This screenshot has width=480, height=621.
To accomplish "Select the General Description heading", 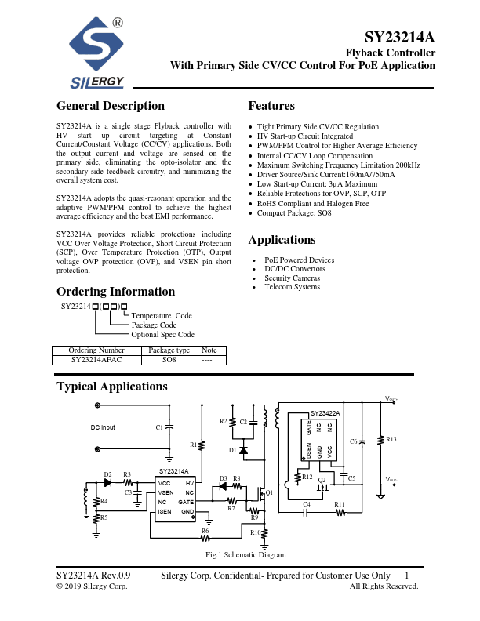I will [111, 106].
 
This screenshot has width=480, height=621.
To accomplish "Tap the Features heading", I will [271, 106].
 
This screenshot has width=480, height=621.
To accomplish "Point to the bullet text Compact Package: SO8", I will [294, 213].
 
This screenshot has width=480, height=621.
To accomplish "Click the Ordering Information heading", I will [115, 292].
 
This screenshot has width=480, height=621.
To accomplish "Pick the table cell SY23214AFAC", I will [96, 360].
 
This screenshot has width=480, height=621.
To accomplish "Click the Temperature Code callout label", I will [162, 316].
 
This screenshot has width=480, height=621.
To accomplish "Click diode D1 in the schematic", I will [243, 451].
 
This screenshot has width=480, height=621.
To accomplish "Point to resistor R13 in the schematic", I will [391, 441].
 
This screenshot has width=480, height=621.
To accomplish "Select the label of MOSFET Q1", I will [270, 493].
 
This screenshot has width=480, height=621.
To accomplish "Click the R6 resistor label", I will [205, 531].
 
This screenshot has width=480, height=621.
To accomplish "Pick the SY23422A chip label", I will [325, 412].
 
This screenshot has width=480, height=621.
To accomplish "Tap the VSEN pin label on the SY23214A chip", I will [165, 492].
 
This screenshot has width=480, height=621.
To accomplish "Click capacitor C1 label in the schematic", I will [159, 427].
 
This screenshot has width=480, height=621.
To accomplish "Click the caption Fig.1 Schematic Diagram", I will [245, 555].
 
